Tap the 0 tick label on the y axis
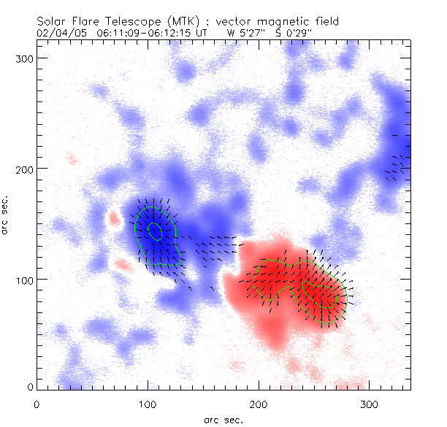(x=29, y=386)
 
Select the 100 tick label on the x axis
(x=148, y=404)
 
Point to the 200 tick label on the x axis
(x=259, y=404)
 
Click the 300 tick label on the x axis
(x=370, y=404)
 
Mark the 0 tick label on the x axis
(x=37, y=404)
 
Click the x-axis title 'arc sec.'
(x=223, y=419)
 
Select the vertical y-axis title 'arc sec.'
(x=6, y=216)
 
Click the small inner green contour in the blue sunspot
(x=154, y=230)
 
